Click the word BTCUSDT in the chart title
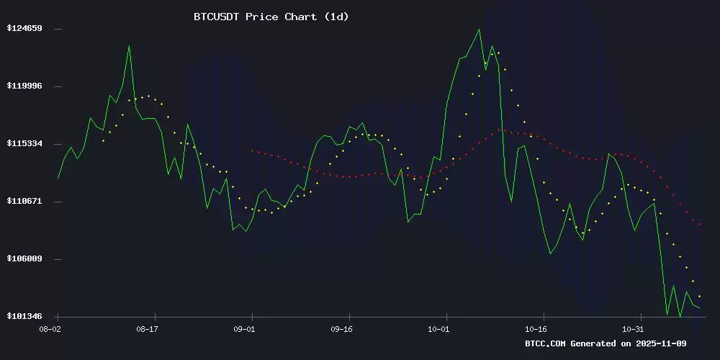pos(219,17)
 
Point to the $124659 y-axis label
pos(24,29)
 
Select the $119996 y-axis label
pos(24,86)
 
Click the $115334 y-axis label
pos(24,144)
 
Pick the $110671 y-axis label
pos(24,202)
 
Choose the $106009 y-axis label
pos(24,259)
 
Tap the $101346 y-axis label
pos(24,317)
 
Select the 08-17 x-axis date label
pos(147,329)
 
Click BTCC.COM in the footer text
pos(546,343)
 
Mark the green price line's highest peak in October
pos(479,30)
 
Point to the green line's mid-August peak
pos(129,46)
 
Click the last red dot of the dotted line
pos(699,225)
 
